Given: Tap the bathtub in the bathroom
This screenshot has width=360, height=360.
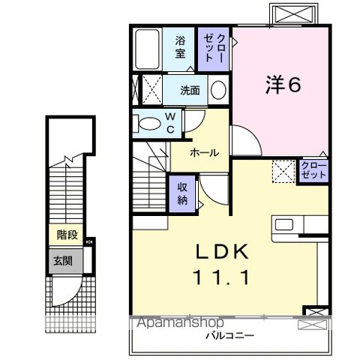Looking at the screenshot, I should [148, 48].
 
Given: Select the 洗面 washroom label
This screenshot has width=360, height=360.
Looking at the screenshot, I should [190, 91].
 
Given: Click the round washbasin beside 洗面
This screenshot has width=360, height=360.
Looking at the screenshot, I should [218, 91].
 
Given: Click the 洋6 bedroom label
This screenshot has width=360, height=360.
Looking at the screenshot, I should [283, 85].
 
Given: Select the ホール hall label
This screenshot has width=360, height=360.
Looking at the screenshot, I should [204, 153].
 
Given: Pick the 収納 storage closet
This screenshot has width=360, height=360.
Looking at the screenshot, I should [183, 193].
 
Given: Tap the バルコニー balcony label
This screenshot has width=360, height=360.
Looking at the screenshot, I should [229, 335].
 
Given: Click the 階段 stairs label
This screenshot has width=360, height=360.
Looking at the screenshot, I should [68, 234].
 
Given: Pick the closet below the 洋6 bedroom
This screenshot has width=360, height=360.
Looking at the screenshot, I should [313, 169].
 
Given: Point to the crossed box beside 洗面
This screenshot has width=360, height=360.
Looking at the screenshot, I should [151, 91].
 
